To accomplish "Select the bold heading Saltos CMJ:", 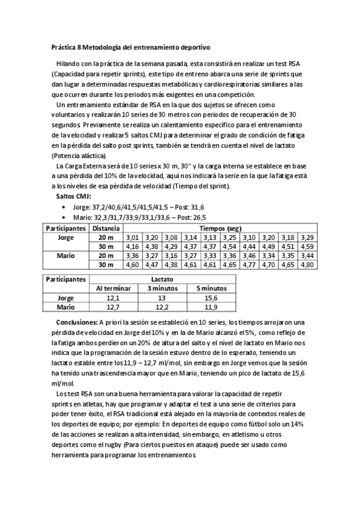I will click(x=73, y=197).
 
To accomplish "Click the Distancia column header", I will click(x=106, y=229).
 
